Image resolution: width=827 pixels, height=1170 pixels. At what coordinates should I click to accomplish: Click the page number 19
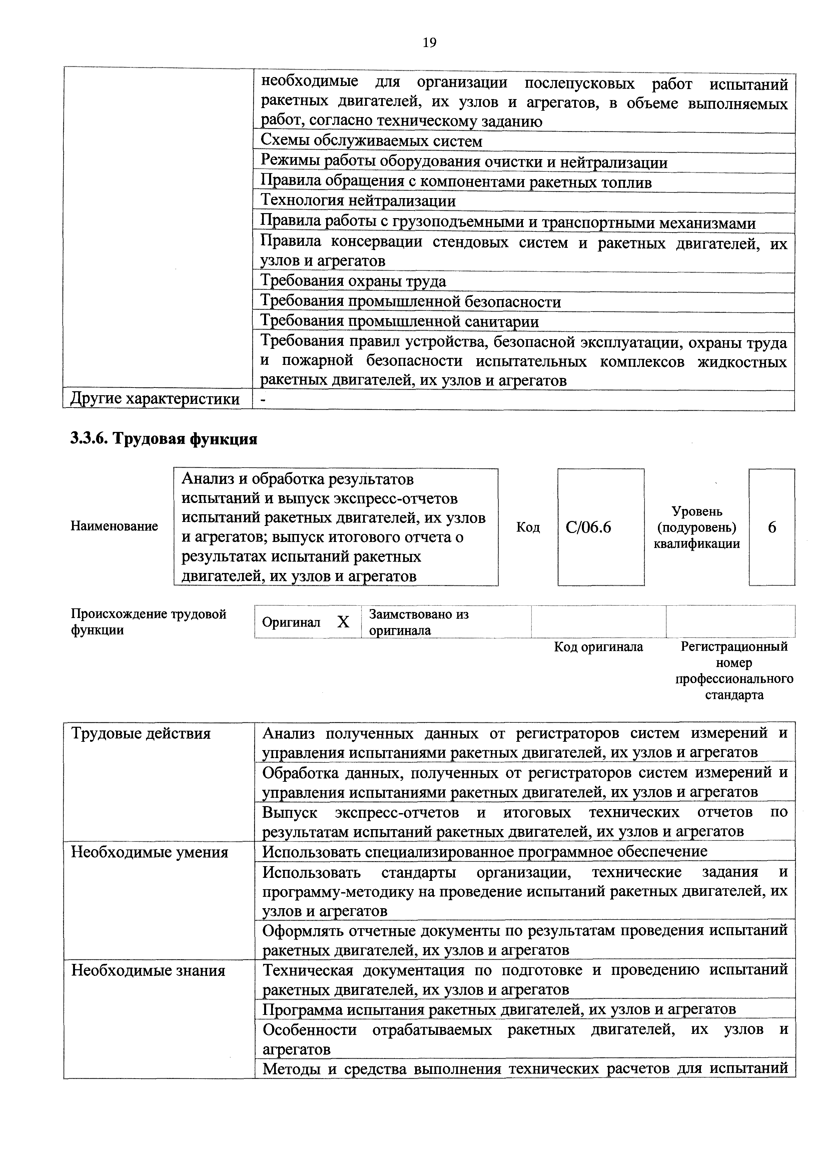pos(429,43)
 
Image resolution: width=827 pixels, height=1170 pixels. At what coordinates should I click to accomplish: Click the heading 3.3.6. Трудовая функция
pos(163,439)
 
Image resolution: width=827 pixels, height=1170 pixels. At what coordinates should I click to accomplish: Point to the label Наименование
pos(114,526)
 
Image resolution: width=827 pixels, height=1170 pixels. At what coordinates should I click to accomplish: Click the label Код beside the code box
pos(528,527)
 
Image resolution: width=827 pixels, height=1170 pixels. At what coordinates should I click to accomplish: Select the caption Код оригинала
pos(598,647)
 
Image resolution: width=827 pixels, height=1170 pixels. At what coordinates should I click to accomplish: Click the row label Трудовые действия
pos(141,734)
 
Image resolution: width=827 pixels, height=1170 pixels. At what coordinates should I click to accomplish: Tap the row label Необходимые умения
pos(149,852)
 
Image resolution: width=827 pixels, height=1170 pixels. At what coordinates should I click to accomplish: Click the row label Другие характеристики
pos(154,399)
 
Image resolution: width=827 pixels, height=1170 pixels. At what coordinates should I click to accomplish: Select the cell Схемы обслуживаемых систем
pos(371,141)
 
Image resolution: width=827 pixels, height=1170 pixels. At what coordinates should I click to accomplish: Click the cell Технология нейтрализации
pos(358,201)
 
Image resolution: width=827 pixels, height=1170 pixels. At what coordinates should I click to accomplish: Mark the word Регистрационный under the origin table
pos(734,647)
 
